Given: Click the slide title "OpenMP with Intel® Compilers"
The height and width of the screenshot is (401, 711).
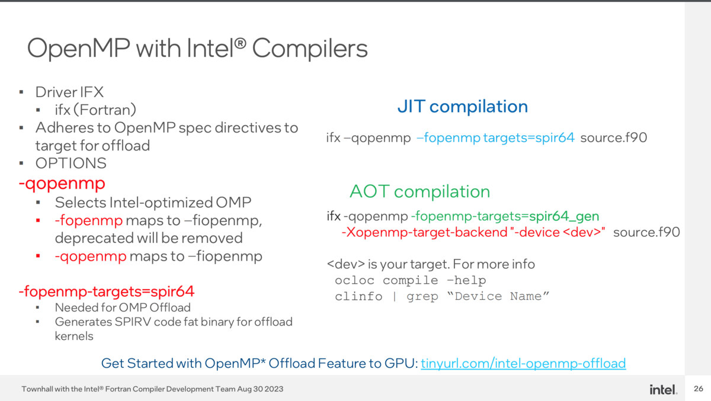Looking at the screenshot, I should point(197,49).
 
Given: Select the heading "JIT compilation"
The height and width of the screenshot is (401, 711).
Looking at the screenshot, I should point(462,107).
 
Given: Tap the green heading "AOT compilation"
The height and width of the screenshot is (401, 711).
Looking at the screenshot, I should point(419,191).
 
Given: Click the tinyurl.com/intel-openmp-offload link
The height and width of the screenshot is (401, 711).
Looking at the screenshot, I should point(523,363).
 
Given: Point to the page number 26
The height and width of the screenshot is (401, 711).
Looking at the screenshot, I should point(698,389).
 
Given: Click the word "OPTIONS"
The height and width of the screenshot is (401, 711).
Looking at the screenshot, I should point(71,163).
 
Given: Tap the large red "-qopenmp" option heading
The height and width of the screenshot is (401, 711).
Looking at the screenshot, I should point(62,182).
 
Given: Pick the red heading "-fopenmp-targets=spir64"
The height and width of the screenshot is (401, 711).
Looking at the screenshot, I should point(107,291).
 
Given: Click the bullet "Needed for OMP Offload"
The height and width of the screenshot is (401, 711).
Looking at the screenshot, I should point(123,307).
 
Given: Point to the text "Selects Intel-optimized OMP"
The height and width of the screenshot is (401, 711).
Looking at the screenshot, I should point(153,203).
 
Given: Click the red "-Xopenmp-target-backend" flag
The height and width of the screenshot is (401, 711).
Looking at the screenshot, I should point(424,232).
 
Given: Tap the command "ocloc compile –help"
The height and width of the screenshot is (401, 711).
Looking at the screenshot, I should point(410,280).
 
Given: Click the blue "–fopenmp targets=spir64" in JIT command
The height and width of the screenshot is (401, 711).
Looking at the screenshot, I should point(495,138).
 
